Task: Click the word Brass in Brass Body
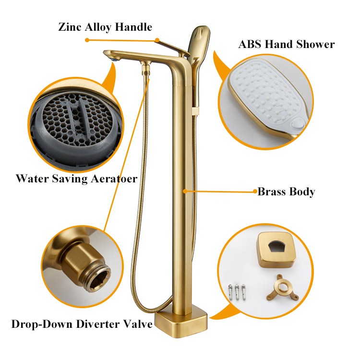tap(273, 192)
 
